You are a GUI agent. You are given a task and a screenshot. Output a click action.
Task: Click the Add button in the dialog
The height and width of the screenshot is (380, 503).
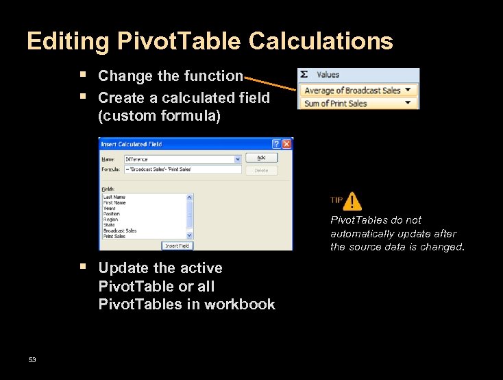[x=261, y=158]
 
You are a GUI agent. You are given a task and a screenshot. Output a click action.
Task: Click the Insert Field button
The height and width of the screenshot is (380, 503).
[x=177, y=246]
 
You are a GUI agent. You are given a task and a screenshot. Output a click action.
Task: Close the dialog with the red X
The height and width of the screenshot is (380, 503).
[x=287, y=144]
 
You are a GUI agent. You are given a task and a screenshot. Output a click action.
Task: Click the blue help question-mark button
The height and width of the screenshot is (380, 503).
[x=276, y=144]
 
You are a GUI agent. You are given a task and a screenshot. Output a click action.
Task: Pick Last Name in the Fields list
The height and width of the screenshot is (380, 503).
[x=114, y=197]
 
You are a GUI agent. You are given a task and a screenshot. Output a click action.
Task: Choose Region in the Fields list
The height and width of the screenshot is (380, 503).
[x=111, y=219]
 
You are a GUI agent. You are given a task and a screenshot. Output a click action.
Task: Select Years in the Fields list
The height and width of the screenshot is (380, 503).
[x=110, y=208]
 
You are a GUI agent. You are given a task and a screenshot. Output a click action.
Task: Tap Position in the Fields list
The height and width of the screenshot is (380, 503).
[x=112, y=214]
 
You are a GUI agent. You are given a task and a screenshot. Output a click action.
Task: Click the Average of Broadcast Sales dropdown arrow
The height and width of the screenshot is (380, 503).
[x=409, y=90]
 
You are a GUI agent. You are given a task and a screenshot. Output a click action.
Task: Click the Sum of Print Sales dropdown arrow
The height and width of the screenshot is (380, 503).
[x=409, y=103]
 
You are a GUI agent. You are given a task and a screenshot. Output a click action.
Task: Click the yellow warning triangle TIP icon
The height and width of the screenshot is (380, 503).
[x=352, y=201]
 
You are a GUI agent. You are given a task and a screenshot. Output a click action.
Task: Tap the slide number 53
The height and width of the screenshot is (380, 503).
[x=32, y=360]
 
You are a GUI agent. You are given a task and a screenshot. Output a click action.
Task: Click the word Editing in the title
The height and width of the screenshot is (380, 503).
[x=67, y=42]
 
